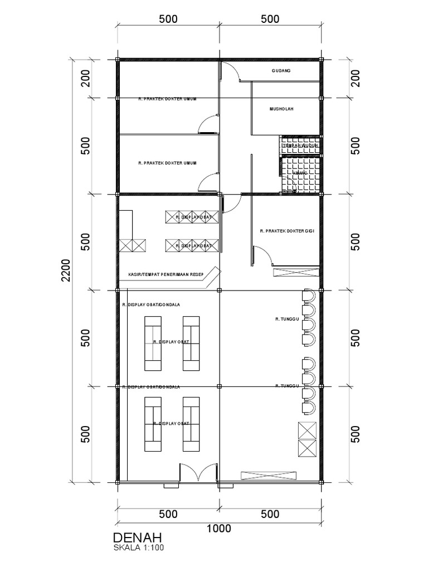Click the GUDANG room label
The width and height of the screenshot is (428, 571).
tap(281, 71)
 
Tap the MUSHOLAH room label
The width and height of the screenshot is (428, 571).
tap(282, 110)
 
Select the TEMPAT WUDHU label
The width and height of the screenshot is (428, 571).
tap(300, 146)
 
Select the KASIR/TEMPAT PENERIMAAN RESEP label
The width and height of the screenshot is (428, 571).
tap(164, 274)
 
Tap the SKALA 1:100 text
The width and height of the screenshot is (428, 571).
tap(139, 548)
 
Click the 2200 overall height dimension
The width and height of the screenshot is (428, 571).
tap(66, 270)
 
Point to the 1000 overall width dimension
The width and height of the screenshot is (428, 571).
tap(218, 528)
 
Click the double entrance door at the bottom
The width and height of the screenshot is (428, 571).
tap(198, 473)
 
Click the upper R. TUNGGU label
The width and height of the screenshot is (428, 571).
tap(288, 320)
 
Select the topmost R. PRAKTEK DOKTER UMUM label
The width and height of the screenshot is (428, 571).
tap(168, 99)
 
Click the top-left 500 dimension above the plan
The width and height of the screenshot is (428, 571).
tap(168, 18)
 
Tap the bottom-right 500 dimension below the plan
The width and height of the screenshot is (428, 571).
tap(270, 514)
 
